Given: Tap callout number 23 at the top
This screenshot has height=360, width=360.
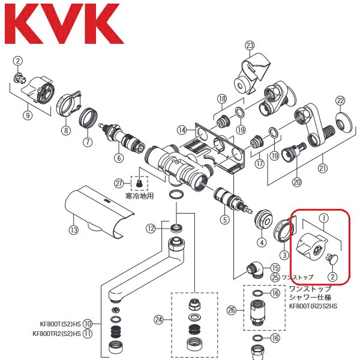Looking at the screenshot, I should [250, 44].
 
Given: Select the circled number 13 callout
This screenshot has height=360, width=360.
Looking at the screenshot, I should [73, 230].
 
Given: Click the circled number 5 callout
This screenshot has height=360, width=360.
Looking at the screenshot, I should [225, 220].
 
